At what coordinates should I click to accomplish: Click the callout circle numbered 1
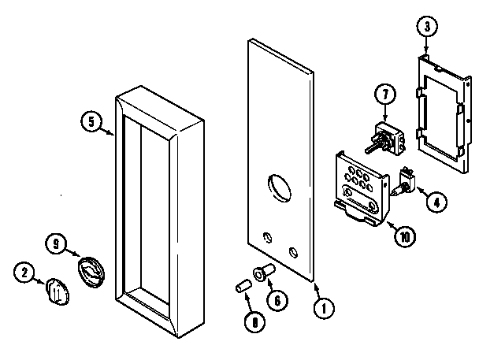click(x=321, y=310)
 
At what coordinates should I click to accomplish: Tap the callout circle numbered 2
click(x=24, y=273)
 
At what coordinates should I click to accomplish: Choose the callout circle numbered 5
click(x=92, y=122)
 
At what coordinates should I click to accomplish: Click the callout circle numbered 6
click(x=275, y=299)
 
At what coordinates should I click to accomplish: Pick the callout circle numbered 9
click(x=55, y=243)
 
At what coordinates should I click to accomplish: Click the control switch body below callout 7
click(x=386, y=137)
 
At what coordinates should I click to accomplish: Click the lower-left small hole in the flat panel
click(x=265, y=236)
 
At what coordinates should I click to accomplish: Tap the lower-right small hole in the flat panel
click(x=293, y=252)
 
